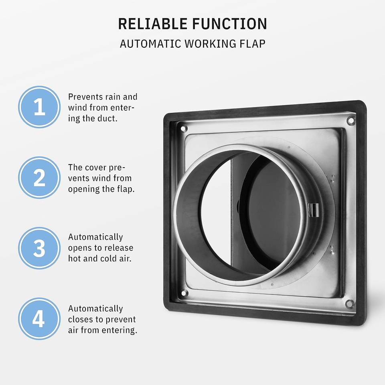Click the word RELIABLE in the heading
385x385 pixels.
[153, 24]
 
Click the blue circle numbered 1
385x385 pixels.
[39, 107]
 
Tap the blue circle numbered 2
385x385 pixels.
[39, 178]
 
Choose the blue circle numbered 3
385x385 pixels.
[39, 248]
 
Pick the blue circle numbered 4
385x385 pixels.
[39, 319]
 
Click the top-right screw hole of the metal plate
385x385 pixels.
[351, 120]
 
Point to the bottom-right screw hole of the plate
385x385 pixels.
[350, 304]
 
